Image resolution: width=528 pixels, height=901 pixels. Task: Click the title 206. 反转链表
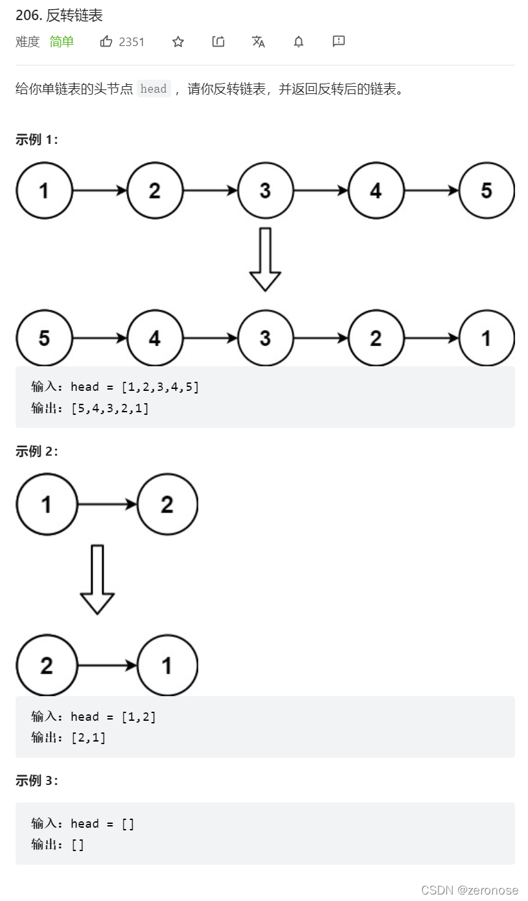pos(59,16)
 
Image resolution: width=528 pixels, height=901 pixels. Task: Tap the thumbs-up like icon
pos(106,41)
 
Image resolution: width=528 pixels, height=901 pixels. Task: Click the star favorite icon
pos(178,41)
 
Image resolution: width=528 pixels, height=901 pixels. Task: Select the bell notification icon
pos(299,41)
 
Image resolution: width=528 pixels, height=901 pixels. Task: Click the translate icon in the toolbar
pos(258,41)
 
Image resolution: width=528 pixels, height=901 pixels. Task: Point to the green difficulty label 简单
pos(62,41)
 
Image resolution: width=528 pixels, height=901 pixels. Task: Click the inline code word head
pos(154,89)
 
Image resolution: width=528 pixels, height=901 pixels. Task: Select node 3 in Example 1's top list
pos(265,191)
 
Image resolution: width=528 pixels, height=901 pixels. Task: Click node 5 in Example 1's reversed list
pos(44,338)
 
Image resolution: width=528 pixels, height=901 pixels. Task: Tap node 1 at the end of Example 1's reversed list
pos(487,338)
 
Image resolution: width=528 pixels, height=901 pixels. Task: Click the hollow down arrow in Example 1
pos(265,259)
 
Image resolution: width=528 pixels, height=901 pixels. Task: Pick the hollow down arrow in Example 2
pos(97,579)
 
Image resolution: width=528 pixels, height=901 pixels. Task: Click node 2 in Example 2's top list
pos(167,504)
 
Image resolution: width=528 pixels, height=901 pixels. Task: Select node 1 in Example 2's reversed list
pos(167,665)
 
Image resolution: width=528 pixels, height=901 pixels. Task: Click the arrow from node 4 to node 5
pos(431,191)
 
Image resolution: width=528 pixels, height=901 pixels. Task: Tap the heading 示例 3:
pos(37,781)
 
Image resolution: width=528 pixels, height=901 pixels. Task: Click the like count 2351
pos(132,41)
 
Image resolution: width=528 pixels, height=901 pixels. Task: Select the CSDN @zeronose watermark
pos(470,890)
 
